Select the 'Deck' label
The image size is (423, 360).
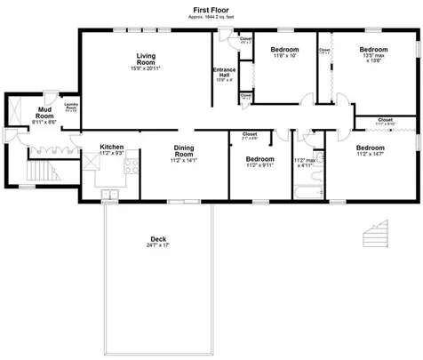pos(158,239)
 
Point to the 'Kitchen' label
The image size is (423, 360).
pos(111,148)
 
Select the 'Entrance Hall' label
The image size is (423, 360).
pos(223,74)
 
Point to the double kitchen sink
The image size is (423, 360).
pos(110,193)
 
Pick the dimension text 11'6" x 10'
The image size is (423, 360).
pos(284,56)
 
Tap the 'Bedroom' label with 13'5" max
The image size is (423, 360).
pos(373,50)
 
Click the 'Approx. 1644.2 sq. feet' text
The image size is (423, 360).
pos(211,16)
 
